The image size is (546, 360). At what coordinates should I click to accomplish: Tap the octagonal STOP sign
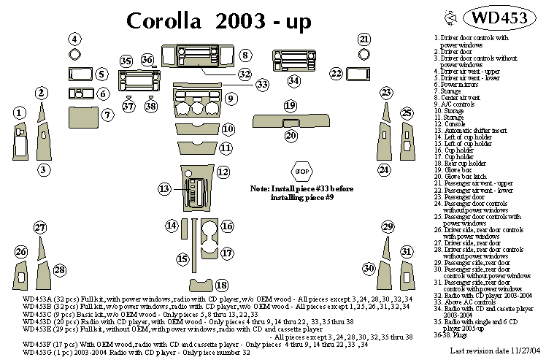tap(301, 172)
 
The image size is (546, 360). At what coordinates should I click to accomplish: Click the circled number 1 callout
tap(20, 112)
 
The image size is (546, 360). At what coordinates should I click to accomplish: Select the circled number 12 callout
tap(223, 172)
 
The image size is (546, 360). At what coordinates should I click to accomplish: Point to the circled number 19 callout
tap(290, 105)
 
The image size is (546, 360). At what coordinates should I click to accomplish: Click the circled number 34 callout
tap(293, 80)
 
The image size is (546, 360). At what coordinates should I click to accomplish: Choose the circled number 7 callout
tap(107, 115)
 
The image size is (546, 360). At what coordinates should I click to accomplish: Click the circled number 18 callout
tap(220, 284)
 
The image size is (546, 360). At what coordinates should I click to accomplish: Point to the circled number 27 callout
tap(39, 228)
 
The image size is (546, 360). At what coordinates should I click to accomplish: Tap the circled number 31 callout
tap(406, 251)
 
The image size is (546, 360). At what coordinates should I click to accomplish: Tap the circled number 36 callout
tap(147, 60)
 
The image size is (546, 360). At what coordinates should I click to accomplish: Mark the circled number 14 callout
tap(172, 226)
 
